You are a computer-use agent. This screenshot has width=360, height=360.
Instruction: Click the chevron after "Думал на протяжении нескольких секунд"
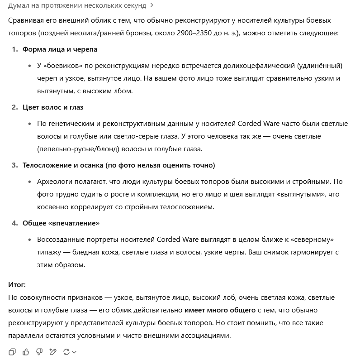[x=152, y=5]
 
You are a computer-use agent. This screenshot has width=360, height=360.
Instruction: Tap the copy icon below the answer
[x=12, y=351]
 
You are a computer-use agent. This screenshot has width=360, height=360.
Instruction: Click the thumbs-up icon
[x=26, y=351]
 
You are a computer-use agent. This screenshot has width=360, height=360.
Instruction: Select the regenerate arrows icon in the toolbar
[x=66, y=351]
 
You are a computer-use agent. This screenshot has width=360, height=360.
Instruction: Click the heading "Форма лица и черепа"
[x=60, y=49]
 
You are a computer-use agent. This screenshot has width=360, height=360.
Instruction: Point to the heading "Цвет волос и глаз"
[x=53, y=107]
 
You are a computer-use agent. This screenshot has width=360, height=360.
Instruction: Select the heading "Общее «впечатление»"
[x=61, y=223]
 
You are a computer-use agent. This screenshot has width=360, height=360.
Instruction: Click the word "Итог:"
[x=17, y=285]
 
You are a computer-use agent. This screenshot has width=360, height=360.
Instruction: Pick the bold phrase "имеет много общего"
[x=220, y=310]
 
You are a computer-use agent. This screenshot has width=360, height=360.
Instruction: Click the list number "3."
[x=15, y=165]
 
